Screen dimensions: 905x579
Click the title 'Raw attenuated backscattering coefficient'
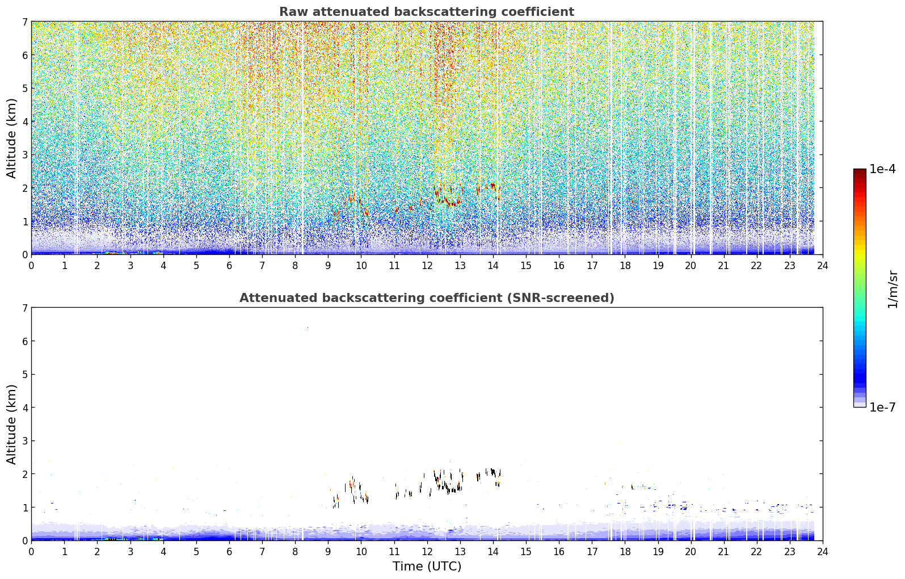click(427, 12)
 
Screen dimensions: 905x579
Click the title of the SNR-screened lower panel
click(427, 298)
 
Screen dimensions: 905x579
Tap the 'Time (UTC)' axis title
click(427, 566)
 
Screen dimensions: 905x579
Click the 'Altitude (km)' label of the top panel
click(11, 138)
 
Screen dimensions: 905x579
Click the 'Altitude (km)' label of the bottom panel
click(11, 424)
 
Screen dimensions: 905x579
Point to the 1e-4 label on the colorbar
click(882, 169)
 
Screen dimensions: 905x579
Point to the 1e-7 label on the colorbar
click(882, 407)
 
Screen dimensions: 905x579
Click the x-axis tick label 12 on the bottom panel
click(427, 552)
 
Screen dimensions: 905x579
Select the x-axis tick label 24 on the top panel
click(823, 266)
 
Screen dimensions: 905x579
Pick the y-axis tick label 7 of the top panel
click(24, 22)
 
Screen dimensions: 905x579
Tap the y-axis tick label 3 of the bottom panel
click(24, 440)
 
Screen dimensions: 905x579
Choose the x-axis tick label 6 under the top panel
click(229, 266)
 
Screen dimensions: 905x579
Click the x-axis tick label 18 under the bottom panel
click(625, 552)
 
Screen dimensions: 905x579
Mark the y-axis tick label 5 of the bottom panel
click(24, 375)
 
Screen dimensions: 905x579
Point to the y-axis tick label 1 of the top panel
click(24, 221)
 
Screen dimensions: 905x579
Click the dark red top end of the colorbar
click(860, 171)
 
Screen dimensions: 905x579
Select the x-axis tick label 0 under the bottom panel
click(32, 552)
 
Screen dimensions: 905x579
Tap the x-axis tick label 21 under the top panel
click(723, 266)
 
